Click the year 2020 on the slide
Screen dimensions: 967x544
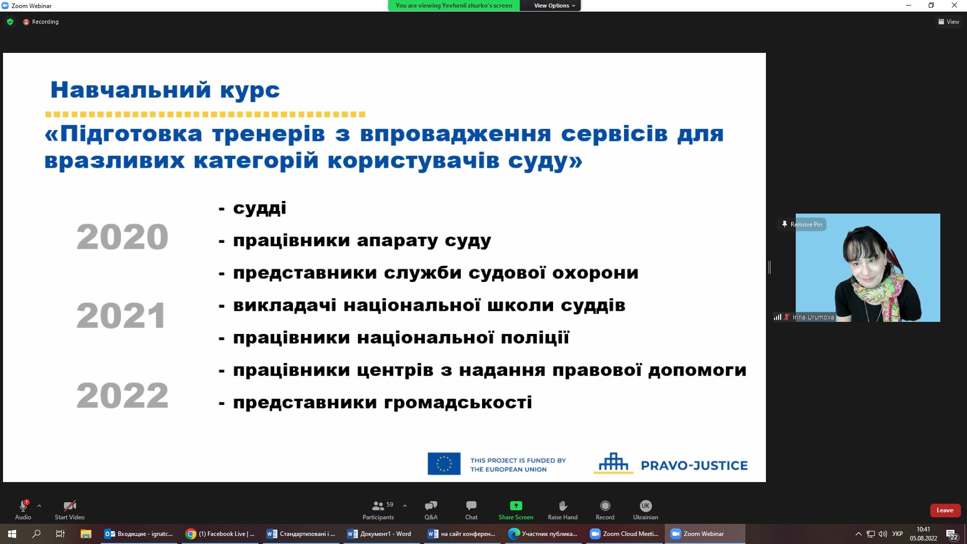click(x=122, y=237)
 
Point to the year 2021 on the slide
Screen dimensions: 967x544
click(x=121, y=316)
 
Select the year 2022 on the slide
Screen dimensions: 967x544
click(x=122, y=395)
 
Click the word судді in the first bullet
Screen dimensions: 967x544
click(x=259, y=208)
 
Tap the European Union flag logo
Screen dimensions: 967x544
click(x=444, y=463)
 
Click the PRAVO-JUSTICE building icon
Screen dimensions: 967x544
click(x=613, y=463)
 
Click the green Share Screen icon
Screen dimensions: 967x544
click(x=516, y=506)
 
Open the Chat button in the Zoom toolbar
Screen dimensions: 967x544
click(x=471, y=510)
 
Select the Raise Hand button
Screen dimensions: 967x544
click(x=563, y=510)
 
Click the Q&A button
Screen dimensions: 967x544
click(x=431, y=510)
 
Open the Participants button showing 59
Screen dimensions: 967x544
click(x=379, y=510)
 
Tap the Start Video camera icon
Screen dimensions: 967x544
click(x=70, y=505)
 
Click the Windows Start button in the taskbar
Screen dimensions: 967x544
click(x=12, y=534)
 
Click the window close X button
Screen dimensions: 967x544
click(x=954, y=6)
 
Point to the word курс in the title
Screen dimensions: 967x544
click(x=250, y=91)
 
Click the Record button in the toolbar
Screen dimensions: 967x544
click(x=605, y=510)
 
